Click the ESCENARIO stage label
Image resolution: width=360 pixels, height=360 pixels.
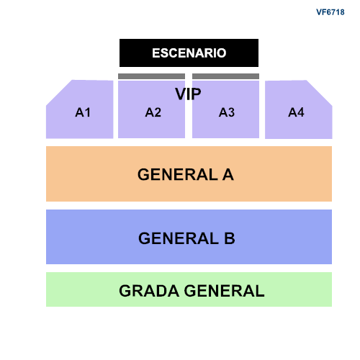189,53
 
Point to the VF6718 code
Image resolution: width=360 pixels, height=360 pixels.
330,12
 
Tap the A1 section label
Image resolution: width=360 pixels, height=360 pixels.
83,112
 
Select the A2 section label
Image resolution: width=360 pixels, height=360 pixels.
153,112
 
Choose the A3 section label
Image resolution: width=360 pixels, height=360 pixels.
227,112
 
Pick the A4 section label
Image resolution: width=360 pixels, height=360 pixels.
296,112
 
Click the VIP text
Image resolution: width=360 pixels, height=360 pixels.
187,94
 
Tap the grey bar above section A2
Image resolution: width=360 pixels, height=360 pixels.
151,76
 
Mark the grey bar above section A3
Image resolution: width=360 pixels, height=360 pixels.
225,76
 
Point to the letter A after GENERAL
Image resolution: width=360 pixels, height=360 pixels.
228,175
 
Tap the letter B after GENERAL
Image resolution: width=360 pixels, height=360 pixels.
229,238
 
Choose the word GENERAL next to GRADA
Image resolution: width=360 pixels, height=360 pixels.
225,291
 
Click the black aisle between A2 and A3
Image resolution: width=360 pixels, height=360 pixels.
189,119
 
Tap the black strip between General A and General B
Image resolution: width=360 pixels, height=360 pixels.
189,205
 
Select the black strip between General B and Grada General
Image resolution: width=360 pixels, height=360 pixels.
189,268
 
